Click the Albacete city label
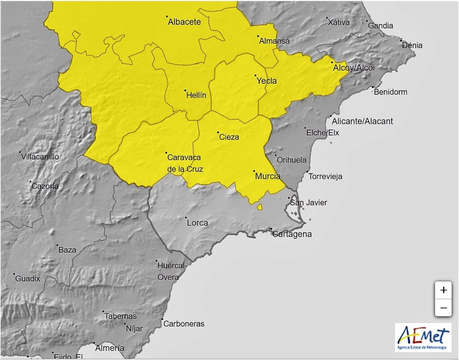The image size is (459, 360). pyautogui.click(x=184, y=21)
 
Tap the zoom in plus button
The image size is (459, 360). pyautogui.click(x=443, y=290)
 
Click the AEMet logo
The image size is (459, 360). pyautogui.click(x=423, y=337)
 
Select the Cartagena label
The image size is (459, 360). pyautogui.click(x=292, y=234)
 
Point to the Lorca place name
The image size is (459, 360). pyautogui.click(x=197, y=223)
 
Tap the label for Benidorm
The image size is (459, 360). pyautogui.click(x=390, y=92)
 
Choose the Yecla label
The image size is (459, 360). pyautogui.click(x=266, y=81)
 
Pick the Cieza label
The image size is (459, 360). pyautogui.click(x=229, y=137)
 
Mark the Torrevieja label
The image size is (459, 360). pyautogui.click(x=325, y=176)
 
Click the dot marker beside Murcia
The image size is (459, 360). pyautogui.click(x=254, y=171)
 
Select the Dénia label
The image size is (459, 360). pyautogui.click(x=412, y=45)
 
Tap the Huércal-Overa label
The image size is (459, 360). pyautogui.click(x=171, y=271)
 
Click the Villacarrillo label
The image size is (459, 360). pyautogui.click(x=40, y=157)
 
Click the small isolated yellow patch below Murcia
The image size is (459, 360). pyautogui.click(x=260, y=206)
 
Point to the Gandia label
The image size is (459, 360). pyautogui.click(x=381, y=26)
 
